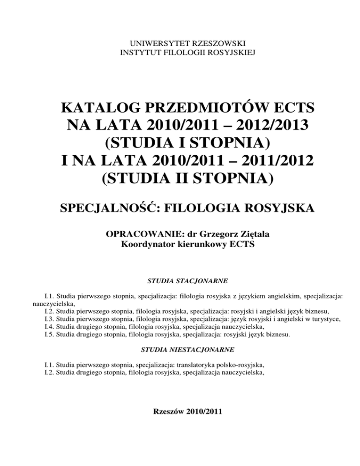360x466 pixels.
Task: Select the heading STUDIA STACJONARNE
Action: pyautogui.click(x=181, y=281)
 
